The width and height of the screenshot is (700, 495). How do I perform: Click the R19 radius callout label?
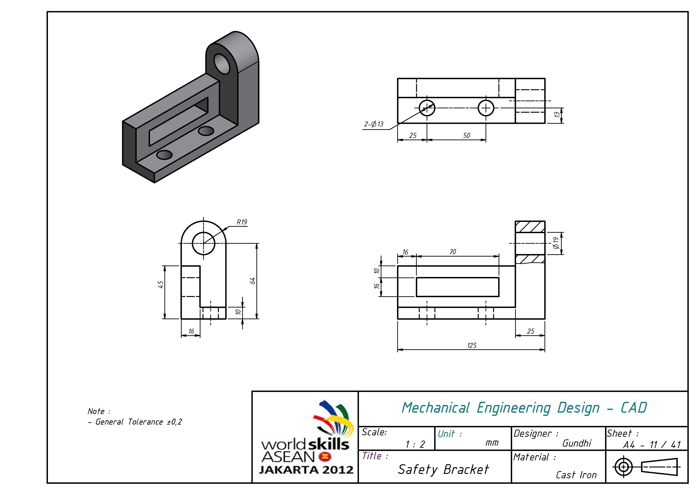(242, 222)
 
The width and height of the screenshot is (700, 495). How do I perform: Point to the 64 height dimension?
(253, 281)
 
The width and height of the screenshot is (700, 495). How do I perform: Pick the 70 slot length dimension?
(453, 252)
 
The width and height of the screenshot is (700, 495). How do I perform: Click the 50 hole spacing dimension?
(467, 135)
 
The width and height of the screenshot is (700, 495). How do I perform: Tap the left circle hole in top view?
(427, 108)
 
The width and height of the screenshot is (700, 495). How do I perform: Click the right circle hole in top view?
(486, 108)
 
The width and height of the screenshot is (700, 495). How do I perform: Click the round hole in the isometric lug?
(222, 63)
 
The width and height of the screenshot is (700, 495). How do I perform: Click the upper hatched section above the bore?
(530, 227)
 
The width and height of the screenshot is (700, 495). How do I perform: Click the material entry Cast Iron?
(576, 475)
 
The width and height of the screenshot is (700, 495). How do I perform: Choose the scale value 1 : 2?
(415, 444)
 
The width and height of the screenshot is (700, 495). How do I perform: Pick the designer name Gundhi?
(577, 443)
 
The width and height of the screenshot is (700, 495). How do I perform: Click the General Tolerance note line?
(135, 422)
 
